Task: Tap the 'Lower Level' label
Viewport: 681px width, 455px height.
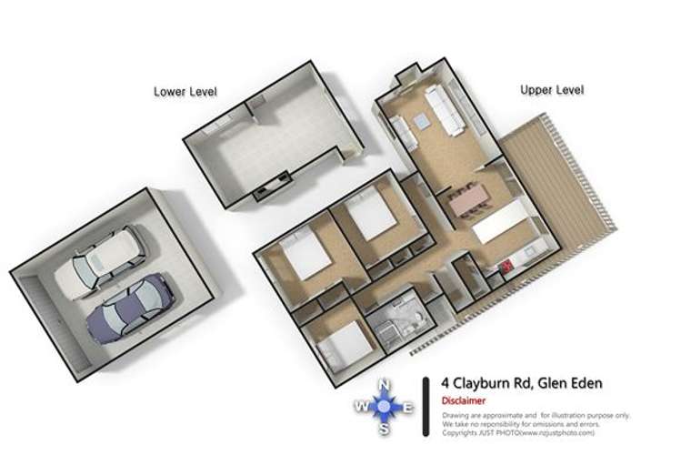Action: coord(185,91)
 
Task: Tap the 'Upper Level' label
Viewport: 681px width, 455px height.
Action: coord(551,90)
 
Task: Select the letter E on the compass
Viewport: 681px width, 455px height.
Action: coord(408,407)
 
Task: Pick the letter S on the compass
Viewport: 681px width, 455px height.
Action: coord(385,429)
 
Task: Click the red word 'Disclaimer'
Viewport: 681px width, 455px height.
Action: coord(464,400)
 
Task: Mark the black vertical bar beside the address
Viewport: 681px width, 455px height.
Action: coord(426,400)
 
